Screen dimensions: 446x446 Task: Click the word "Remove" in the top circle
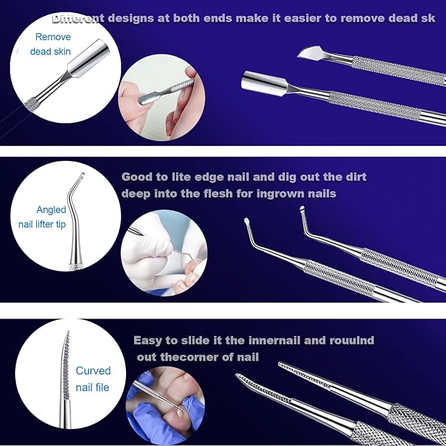(x=53, y=37)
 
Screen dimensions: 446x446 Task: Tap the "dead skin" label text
(x=51, y=51)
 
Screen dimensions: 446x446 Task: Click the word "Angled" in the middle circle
(x=51, y=210)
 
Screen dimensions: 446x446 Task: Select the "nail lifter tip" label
(x=42, y=224)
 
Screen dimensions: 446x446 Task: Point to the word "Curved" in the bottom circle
(x=93, y=370)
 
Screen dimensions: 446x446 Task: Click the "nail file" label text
(x=93, y=387)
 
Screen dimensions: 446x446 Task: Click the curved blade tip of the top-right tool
(x=310, y=53)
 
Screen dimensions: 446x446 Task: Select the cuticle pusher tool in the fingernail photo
(x=166, y=90)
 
